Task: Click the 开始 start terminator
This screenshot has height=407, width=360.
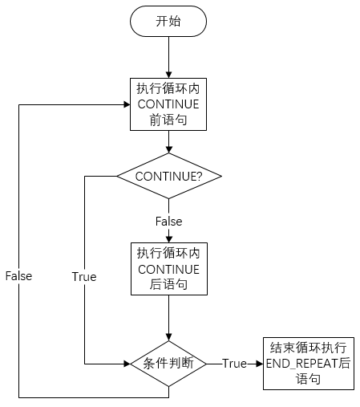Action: pos(168,21)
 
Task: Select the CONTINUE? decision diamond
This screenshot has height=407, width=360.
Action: pos(169,176)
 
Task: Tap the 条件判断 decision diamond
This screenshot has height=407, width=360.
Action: pos(168,364)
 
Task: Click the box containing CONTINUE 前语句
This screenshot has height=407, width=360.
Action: pos(168,104)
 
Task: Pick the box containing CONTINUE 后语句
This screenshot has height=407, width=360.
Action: pos(169,269)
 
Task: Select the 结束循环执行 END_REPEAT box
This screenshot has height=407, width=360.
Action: pos(309,364)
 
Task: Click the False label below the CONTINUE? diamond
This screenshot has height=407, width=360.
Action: pos(169,222)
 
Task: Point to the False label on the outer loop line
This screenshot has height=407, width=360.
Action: pos(18,276)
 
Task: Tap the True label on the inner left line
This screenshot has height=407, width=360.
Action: pos(84,276)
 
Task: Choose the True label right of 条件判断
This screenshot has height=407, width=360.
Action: pos(234,364)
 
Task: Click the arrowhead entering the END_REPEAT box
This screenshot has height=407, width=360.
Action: pos(260,364)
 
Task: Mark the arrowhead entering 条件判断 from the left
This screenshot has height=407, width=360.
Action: pos(127,364)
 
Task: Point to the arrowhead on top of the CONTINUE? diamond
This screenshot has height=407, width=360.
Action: pos(168,149)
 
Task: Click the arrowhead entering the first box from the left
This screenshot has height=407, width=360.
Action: pos(127,104)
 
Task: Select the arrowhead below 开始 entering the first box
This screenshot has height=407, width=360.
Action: pos(168,75)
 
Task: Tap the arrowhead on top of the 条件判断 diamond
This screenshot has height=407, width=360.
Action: pos(168,337)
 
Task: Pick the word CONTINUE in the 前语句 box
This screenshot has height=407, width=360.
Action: pos(168,104)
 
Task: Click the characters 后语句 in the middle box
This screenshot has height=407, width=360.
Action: pos(168,284)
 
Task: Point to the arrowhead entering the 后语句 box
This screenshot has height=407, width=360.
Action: pos(169,239)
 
